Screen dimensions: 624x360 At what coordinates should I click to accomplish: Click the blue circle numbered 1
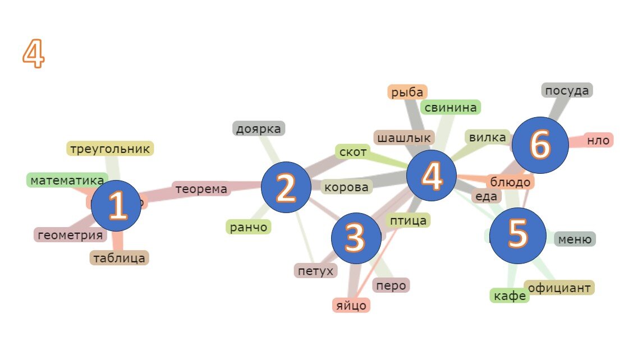tap(116, 206)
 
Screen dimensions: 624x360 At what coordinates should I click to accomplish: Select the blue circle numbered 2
tap(286, 187)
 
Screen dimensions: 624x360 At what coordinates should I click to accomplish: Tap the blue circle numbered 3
tap(356, 238)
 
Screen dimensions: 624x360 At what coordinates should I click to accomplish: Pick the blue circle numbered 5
tap(517, 235)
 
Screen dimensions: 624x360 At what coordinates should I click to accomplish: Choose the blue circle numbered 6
tap(540, 145)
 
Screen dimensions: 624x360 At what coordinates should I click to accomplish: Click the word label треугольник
tap(110, 149)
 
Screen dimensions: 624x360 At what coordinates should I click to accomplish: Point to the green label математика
tap(67, 180)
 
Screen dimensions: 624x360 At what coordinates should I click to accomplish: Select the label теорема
tap(201, 189)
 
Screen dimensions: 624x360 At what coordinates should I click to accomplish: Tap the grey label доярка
tap(259, 129)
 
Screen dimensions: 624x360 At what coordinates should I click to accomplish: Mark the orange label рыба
tap(407, 92)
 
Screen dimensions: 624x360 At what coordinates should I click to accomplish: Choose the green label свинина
tap(451, 107)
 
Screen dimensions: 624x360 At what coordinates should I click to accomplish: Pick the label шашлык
tap(403, 137)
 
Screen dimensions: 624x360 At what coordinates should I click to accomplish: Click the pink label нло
tap(598, 140)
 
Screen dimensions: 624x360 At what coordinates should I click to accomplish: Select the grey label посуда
tap(567, 90)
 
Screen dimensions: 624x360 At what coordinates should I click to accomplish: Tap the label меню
tap(575, 239)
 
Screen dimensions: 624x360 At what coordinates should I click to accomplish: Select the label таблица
tap(119, 258)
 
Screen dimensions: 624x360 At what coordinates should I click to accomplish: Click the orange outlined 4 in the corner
tap(34, 54)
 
